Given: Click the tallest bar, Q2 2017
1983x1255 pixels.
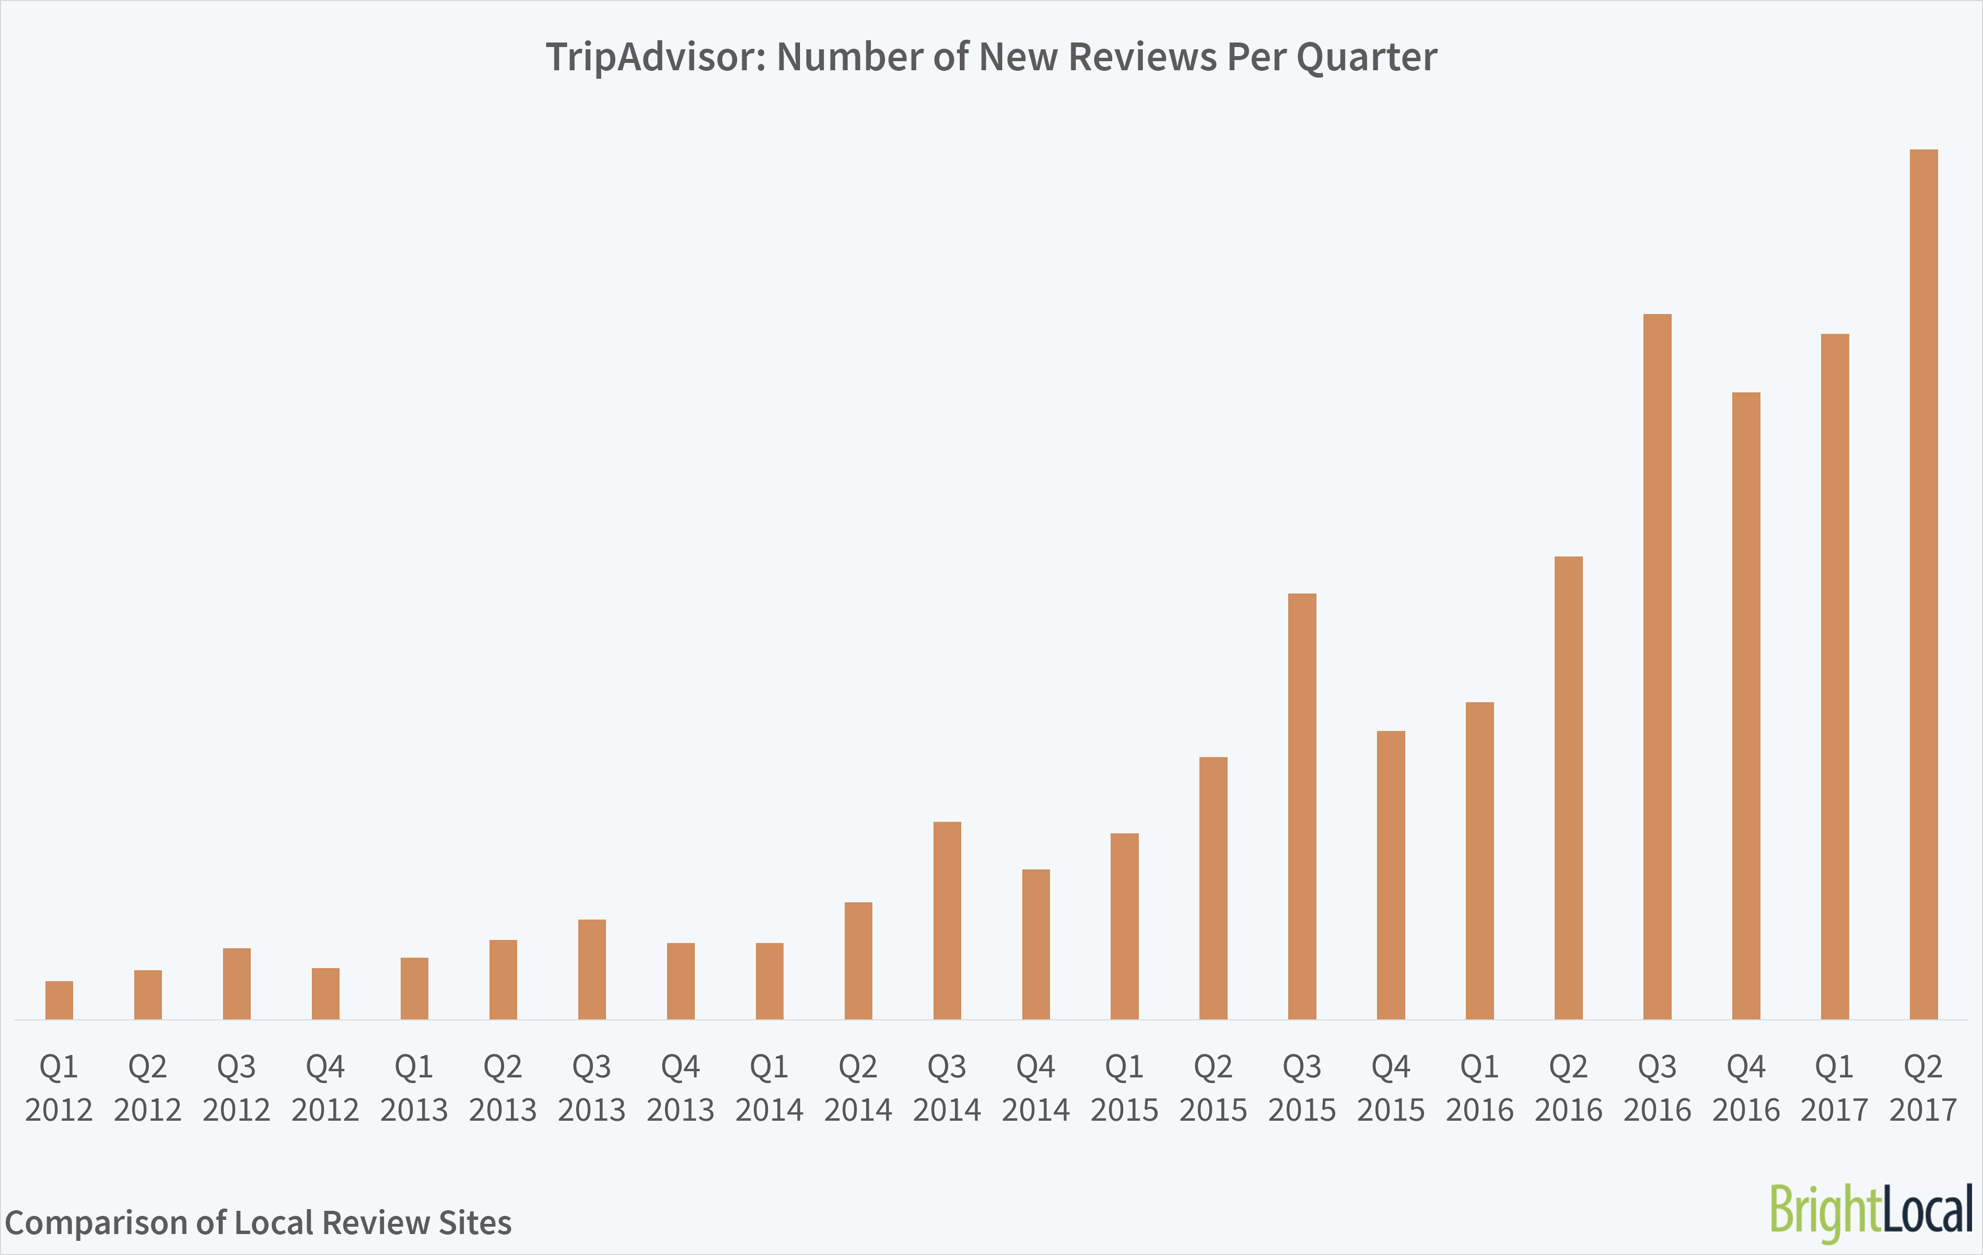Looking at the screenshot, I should click(1923, 585).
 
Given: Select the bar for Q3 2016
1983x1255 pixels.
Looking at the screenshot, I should click(1657, 667).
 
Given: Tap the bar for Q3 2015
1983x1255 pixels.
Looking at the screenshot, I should click(1302, 807).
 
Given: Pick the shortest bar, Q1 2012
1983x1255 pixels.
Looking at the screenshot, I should click(59, 1001).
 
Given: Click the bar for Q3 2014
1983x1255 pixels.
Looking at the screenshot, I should click(947, 921).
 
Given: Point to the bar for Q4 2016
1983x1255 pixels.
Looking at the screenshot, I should click(1746, 706).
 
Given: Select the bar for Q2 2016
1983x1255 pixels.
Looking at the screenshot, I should click(1568, 788).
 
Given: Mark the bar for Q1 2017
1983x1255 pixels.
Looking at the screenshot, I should click(1835, 677).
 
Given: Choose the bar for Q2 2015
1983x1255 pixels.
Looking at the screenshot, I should click(1213, 888).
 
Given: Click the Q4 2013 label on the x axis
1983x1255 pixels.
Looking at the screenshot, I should click(680, 1088).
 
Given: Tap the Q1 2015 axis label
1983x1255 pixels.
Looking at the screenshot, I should click(1124, 1088).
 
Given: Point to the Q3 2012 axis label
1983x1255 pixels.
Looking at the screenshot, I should click(236, 1088).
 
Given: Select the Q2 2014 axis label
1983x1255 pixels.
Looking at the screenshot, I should click(858, 1088).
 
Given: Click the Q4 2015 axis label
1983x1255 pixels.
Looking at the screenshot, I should click(1391, 1088).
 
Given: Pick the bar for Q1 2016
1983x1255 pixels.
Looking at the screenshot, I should click(1480, 861).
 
